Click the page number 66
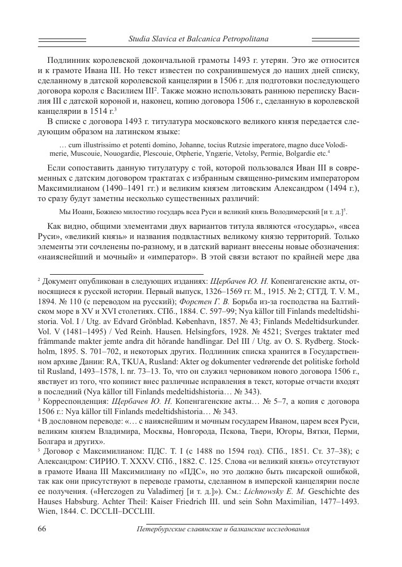tap(43, 529)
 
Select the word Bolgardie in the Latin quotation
tap(302, 153)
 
